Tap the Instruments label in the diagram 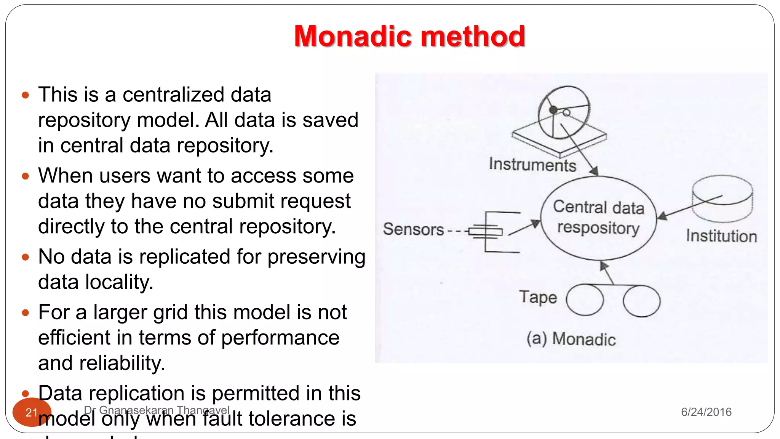532,165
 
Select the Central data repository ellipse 598,218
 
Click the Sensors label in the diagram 414,229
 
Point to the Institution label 721,236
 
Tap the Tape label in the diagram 538,297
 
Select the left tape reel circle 585,300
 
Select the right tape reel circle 642,301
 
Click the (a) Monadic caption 571,339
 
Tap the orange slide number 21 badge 31,412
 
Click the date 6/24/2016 706,412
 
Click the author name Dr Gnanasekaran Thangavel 157,410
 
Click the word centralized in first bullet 174,95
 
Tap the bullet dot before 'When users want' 26,176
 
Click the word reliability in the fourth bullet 122,363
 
